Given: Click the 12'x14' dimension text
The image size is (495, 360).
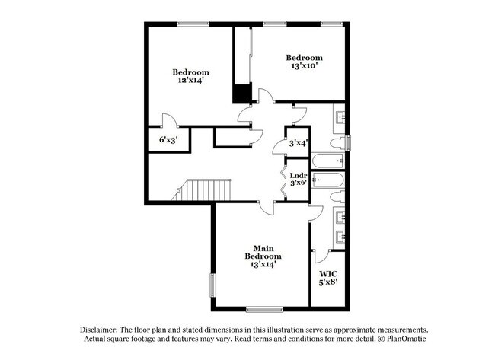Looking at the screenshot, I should (x=190, y=80).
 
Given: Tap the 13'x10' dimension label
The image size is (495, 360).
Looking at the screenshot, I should (x=304, y=67).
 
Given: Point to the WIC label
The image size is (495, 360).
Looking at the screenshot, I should (x=327, y=273).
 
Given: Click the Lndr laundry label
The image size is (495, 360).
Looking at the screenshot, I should (x=299, y=176).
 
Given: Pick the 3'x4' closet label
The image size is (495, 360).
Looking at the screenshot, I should (x=298, y=142).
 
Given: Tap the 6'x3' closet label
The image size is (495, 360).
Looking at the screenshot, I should (x=168, y=140).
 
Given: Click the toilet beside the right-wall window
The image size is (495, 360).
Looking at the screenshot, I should (x=337, y=144).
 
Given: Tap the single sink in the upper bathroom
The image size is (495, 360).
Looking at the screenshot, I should (x=340, y=118).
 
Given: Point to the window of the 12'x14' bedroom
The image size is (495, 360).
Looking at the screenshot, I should (x=194, y=23).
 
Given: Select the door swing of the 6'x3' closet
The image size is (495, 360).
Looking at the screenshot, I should (x=168, y=120).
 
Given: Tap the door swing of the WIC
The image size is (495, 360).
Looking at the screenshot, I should (x=322, y=256).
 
